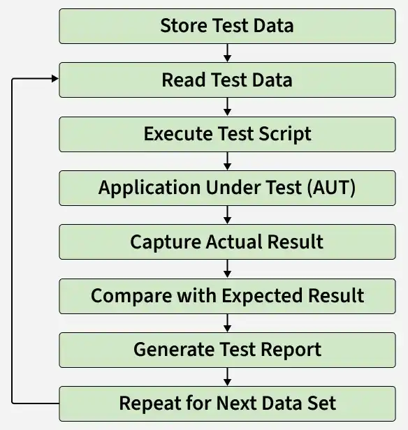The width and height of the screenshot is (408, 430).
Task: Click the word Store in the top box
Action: coord(184,26)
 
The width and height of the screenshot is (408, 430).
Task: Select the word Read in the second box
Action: coord(184,80)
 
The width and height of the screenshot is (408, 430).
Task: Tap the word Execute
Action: coord(178,134)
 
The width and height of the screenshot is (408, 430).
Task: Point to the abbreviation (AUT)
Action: coord(331,188)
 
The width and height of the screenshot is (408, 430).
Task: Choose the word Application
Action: coord(150,188)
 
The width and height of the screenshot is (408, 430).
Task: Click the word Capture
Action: coord(166,242)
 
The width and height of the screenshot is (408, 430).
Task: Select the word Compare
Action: coord(131,297)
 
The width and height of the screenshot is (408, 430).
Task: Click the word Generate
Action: coord(174,350)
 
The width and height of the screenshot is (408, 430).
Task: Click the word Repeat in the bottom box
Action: coord(150,404)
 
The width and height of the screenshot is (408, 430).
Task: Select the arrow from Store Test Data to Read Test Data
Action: coord(227,53)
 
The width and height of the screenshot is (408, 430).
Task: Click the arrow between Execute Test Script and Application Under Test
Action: coord(227,161)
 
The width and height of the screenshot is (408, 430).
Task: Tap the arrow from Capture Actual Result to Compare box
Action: coord(227,269)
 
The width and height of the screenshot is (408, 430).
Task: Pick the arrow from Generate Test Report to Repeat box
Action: coord(227,377)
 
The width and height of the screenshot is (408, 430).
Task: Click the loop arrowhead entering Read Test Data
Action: coord(55,79)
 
